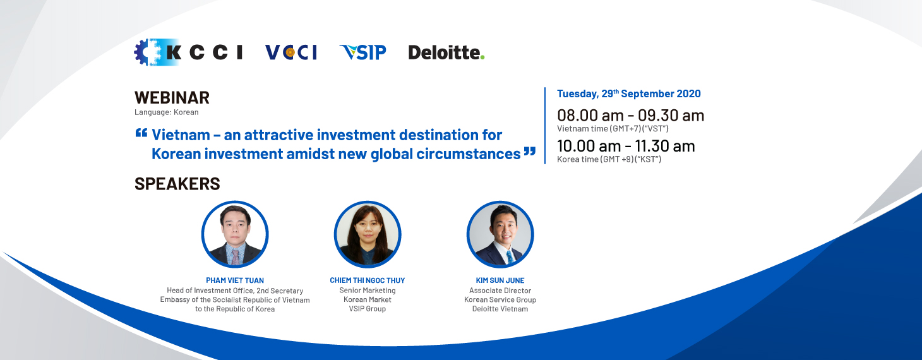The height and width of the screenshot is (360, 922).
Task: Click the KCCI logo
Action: pos(188,52)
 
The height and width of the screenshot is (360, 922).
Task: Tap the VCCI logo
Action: pos(291,52)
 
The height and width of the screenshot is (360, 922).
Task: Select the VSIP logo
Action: pos(362,52)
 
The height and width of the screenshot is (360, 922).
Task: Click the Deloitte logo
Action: pos(446,52)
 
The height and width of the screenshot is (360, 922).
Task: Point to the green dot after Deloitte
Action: pos(482,57)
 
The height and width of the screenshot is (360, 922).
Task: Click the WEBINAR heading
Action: pos(172,98)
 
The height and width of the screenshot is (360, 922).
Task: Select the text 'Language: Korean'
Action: pos(166,112)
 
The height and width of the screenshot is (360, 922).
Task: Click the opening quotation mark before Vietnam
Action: pos(141,133)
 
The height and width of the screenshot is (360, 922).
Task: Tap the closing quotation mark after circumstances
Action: pos(530,152)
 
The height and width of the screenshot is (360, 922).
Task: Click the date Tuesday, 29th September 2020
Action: pos(628,94)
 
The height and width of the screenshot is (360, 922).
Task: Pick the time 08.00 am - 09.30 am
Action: pos(631,116)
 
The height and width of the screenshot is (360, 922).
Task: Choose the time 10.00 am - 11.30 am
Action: pos(626,146)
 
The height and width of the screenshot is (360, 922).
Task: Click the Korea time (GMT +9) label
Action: pos(609,159)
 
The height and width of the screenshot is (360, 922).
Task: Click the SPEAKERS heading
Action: pos(177,184)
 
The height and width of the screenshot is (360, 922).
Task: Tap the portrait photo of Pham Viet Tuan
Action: pos(235,234)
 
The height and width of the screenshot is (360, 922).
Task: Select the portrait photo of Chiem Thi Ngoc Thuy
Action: pos(368,234)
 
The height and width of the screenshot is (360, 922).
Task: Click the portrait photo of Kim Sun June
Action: pos(500,234)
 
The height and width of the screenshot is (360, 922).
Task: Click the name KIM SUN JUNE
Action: pos(500,280)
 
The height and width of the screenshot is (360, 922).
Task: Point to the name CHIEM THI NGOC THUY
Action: pos(368,280)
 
